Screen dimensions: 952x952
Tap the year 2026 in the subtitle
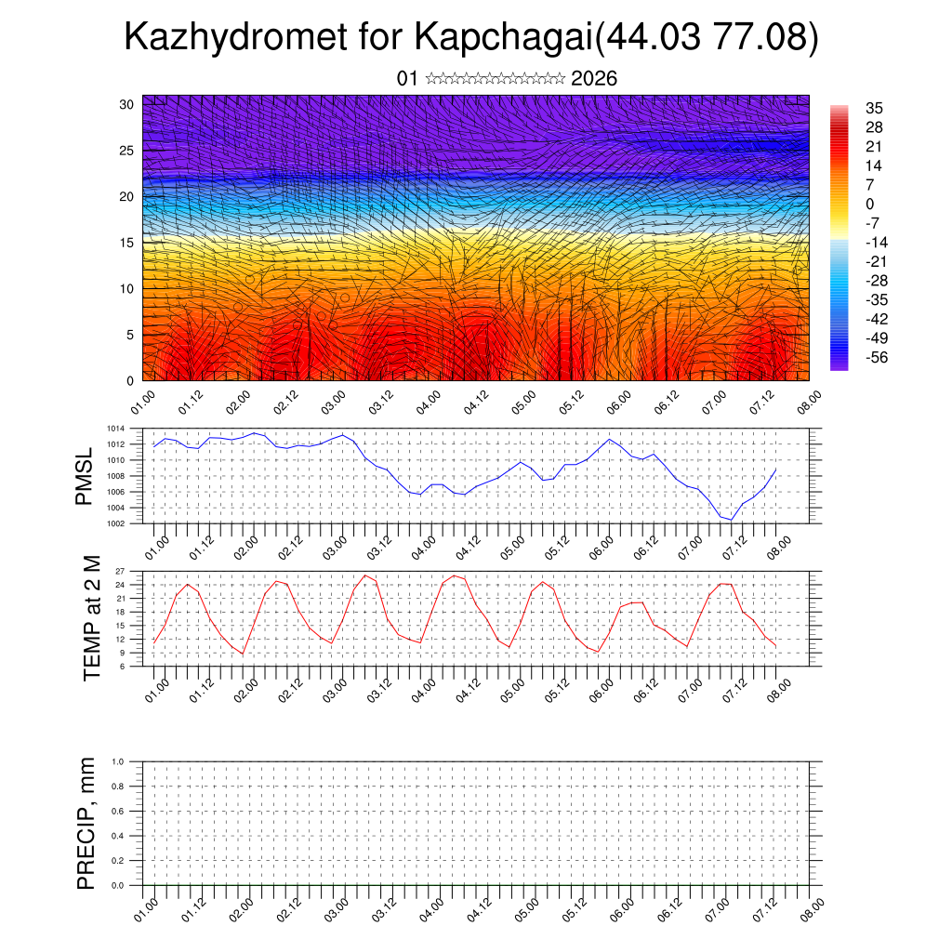point(594,79)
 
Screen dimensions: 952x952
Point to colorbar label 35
point(873,108)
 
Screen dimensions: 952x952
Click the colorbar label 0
point(869,204)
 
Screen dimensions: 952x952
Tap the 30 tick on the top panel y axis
point(126,104)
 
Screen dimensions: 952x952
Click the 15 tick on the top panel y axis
point(126,243)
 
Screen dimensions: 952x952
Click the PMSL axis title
point(85,477)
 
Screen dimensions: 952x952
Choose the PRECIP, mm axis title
point(86,823)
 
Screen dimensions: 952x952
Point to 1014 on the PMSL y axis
point(115,429)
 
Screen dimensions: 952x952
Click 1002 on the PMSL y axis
point(115,523)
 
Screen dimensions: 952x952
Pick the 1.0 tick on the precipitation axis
point(118,761)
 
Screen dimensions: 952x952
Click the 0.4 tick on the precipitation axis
point(118,836)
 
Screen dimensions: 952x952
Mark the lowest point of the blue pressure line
point(732,520)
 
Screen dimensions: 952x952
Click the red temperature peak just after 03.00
point(365,575)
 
